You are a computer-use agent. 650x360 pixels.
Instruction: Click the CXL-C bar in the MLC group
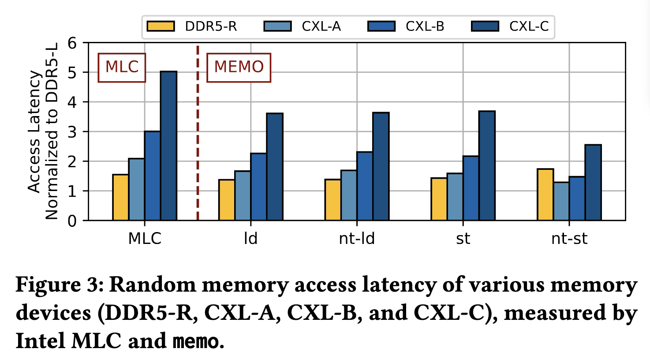pyautogui.click(x=168, y=146)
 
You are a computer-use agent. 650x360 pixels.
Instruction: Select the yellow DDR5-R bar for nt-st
pyautogui.click(x=545, y=195)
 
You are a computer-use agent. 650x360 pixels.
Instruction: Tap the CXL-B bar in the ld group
pyautogui.click(x=258, y=187)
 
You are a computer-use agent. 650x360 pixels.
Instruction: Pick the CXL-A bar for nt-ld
pyautogui.click(x=349, y=195)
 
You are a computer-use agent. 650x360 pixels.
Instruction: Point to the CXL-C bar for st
pyautogui.click(x=487, y=166)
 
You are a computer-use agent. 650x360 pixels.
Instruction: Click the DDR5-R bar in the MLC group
pyautogui.click(x=120, y=197)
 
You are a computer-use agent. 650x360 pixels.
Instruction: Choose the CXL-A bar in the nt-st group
pyautogui.click(x=561, y=201)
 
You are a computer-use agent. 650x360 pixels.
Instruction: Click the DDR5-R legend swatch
pyautogui.click(x=161, y=26)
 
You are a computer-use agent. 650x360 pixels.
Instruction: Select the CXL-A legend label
pyautogui.click(x=321, y=26)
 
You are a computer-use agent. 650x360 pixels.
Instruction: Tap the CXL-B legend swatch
pyautogui.click(x=381, y=26)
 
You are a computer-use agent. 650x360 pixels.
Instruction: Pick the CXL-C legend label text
pyautogui.click(x=529, y=26)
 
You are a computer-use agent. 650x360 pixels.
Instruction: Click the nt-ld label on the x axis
pyautogui.click(x=357, y=239)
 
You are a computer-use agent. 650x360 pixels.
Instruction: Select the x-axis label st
pyautogui.click(x=463, y=239)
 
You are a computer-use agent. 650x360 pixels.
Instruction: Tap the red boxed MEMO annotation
pyautogui.click(x=239, y=67)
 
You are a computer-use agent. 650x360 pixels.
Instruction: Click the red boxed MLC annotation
pyautogui.click(x=122, y=67)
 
